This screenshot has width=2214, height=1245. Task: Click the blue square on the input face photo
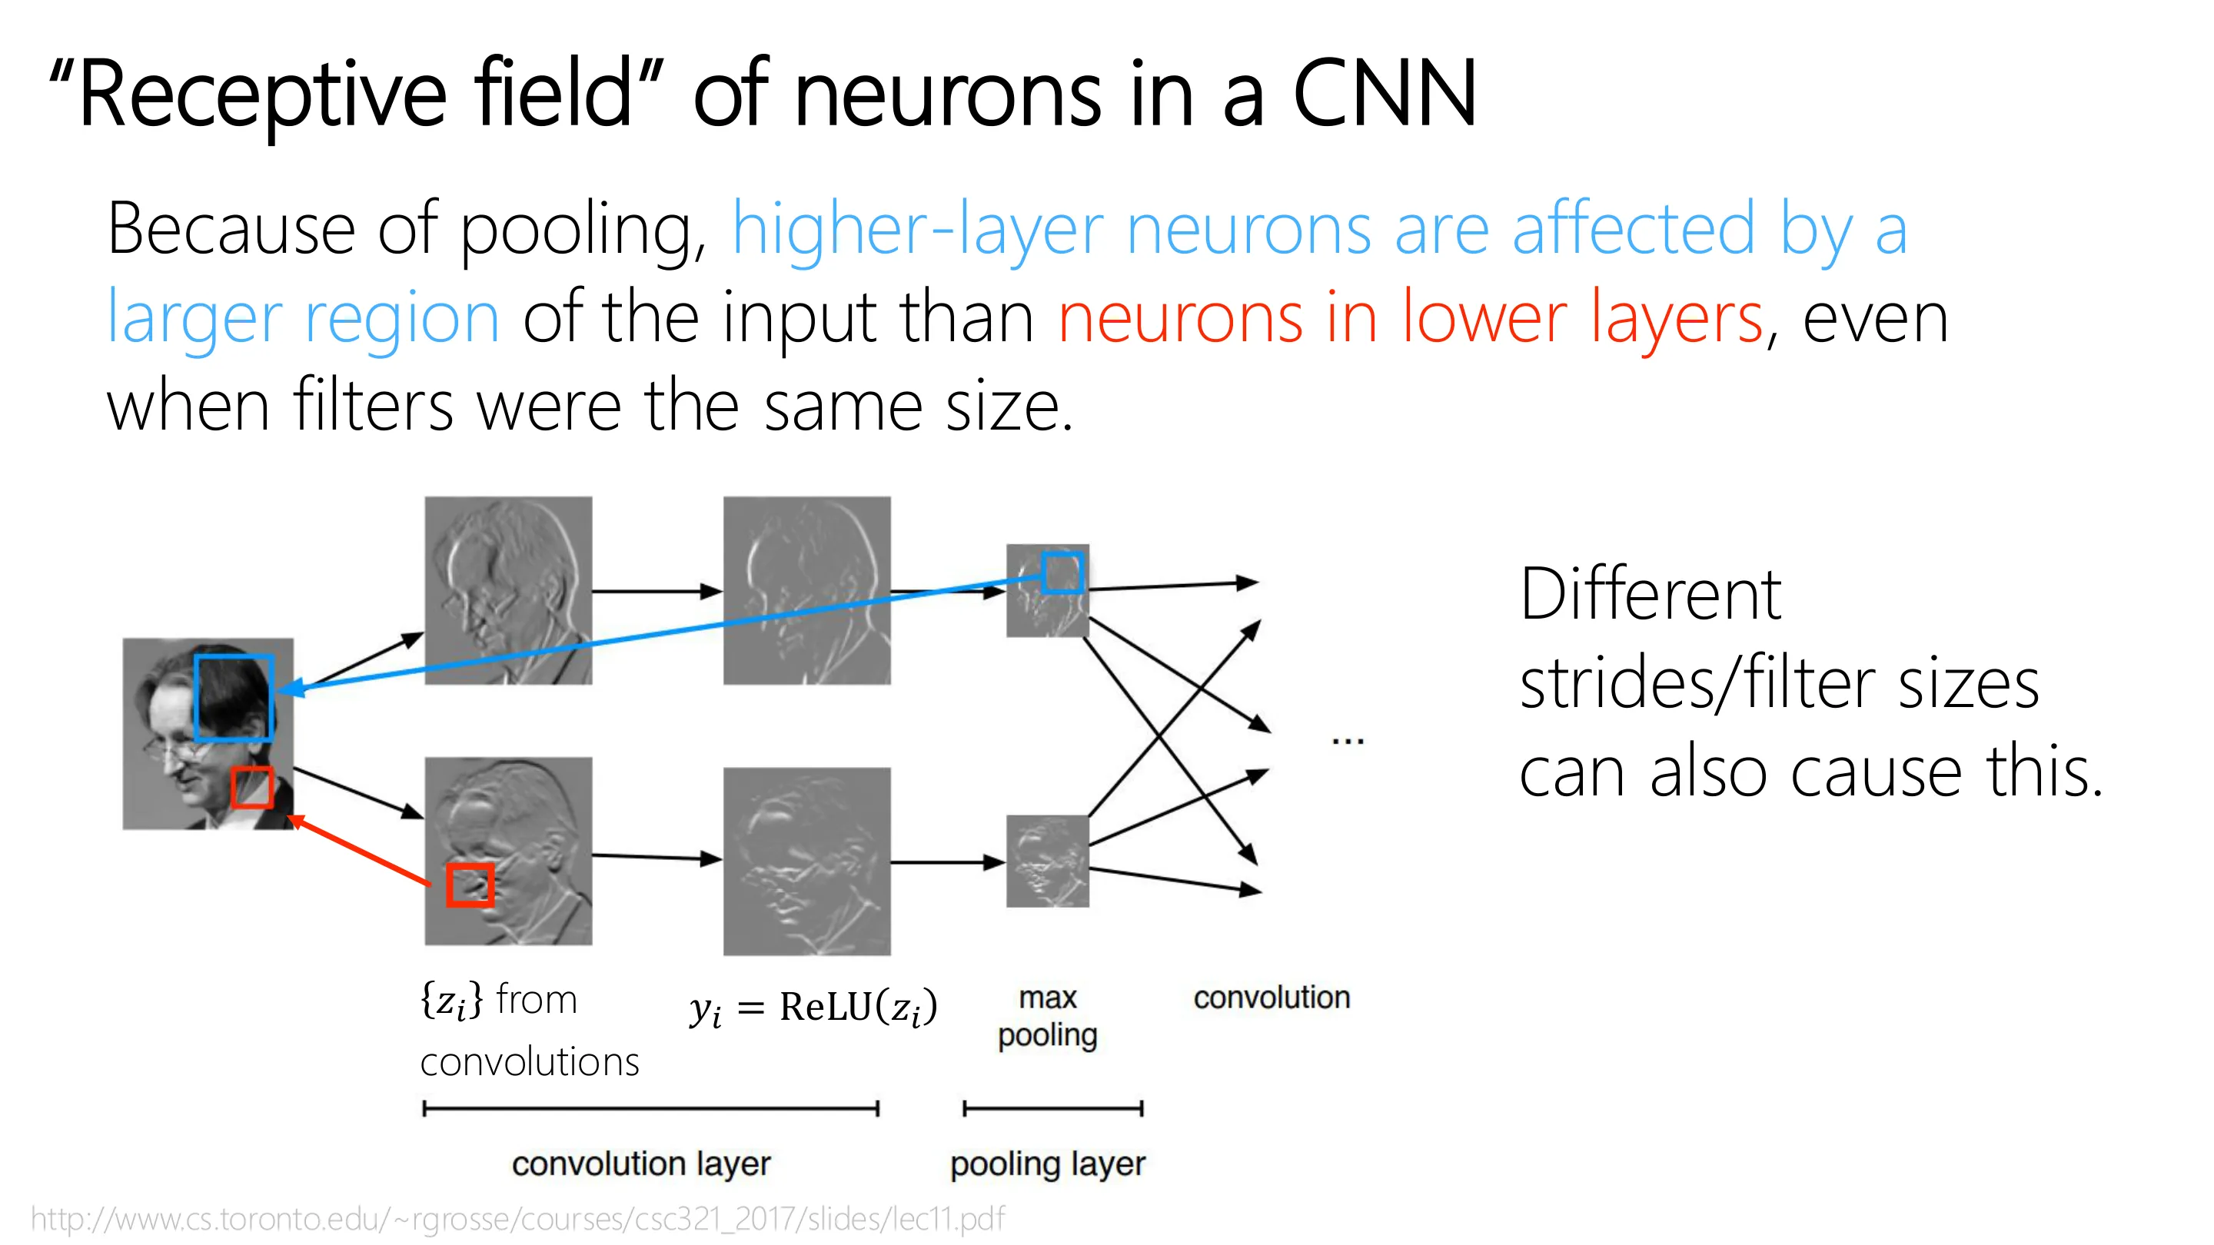(x=196, y=698)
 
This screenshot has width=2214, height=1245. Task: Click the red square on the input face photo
(x=233, y=787)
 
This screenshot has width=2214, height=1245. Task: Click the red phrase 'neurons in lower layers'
(x=1411, y=318)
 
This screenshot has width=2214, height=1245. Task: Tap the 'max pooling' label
(x=1047, y=1017)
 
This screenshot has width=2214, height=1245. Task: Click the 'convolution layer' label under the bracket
(x=641, y=1164)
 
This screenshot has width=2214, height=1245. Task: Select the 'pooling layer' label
(x=1048, y=1165)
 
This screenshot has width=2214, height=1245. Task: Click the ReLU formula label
(x=813, y=1007)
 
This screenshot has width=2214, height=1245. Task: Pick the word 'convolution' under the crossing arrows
(x=1272, y=998)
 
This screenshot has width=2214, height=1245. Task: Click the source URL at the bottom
(x=517, y=1218)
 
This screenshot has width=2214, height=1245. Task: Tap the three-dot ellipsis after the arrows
(x=1348, y=740)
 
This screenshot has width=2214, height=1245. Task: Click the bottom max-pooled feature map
(x=1048, y=861)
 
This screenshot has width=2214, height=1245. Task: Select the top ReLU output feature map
(x=807, y=590)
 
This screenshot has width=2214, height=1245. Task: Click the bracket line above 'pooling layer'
(x=1053, y=1108)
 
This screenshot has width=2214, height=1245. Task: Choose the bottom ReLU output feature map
(x=807, y=861)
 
